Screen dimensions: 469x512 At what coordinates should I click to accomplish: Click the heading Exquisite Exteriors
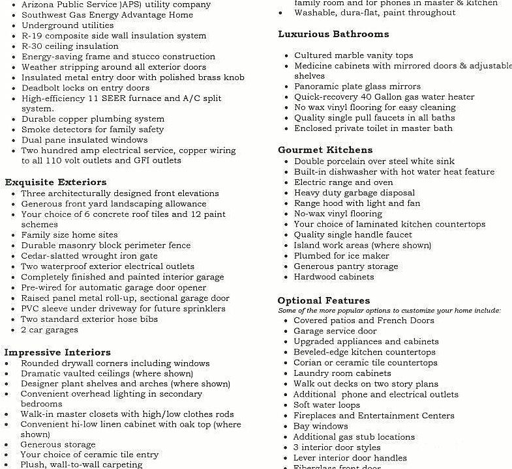click(x=55, y=182)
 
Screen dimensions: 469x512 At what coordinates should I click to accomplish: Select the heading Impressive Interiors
click(x=57, y=352)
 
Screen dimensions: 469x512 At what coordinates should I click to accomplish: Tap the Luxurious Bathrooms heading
click(x=333, y=34)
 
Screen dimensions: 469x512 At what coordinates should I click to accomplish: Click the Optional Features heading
click(x=324, y=300)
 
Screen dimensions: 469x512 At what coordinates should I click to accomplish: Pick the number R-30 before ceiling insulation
click(x=33, y=46)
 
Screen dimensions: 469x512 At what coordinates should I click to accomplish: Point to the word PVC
click(x=31, y=309)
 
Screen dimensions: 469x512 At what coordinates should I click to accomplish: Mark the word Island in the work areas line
click(x=307, y=246)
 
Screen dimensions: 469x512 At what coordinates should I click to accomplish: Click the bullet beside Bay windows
click(x=286, y=427)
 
